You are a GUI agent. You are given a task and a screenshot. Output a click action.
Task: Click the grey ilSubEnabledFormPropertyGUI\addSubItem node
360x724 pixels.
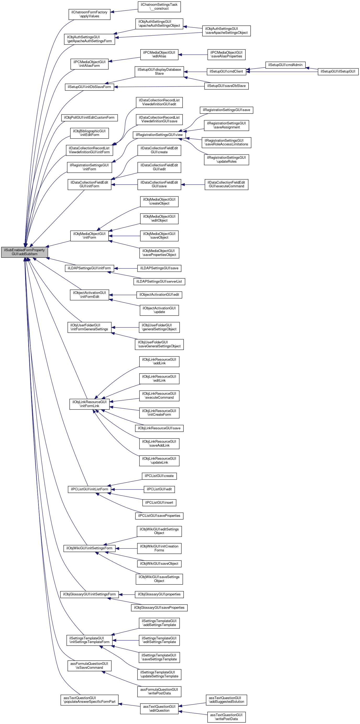pos(24,252)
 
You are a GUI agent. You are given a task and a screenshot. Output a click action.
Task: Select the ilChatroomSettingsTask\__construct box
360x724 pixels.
pos(159,7)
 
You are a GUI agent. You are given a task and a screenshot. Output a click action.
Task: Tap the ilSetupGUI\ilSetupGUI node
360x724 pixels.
pos(338,72)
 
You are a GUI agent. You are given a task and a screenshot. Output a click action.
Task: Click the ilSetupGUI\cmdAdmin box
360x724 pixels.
pos(285,65)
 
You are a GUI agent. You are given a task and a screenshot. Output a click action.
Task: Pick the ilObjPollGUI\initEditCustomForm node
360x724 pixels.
pos(89,118)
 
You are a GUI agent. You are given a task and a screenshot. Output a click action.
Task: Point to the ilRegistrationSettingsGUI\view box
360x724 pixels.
pos(159,135)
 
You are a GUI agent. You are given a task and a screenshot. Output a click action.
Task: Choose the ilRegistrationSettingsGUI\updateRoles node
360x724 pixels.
pos(226,160)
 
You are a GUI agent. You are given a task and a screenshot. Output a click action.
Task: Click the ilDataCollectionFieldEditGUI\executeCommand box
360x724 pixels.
pos(226,184)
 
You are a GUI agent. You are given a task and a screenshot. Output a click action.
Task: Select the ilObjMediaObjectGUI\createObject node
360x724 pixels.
pos(159,201)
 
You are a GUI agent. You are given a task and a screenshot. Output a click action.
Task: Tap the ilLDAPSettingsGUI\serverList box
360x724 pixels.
pos(159,282)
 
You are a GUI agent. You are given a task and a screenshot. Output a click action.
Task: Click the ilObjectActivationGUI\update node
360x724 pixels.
pos(159,310)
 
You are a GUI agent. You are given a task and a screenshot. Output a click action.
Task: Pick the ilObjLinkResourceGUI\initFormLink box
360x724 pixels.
pos(89,404)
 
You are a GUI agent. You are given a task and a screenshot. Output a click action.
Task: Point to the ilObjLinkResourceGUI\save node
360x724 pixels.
pos(159,428)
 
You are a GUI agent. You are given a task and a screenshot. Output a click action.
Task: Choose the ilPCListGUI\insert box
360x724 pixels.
pos(159,502)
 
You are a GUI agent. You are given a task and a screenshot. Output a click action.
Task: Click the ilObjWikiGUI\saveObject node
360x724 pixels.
pos(159,563)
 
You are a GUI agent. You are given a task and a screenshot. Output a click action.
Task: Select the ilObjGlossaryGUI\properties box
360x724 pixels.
pos(159,594)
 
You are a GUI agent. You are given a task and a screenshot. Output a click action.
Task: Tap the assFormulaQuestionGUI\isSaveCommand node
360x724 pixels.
pos(89,666)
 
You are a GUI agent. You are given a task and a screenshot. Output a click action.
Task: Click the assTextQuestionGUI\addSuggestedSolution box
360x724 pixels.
pos(226,700)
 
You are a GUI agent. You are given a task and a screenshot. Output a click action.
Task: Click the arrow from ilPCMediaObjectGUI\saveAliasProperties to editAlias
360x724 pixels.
pos(193,55)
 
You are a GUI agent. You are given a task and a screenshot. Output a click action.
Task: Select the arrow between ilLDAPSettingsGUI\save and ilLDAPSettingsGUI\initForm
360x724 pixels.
pos(125,268)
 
